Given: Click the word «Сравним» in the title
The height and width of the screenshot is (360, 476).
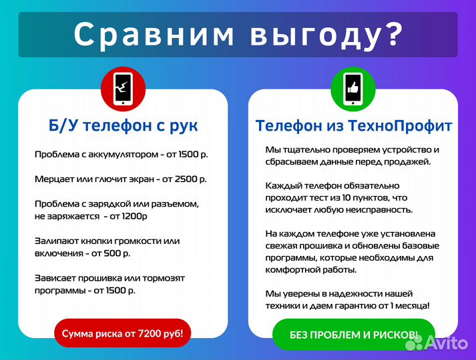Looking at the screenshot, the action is coord(154,34).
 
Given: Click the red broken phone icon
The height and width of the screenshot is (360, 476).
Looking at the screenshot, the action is coord(124,89).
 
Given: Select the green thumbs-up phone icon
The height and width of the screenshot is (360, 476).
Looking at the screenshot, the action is coord(353,89).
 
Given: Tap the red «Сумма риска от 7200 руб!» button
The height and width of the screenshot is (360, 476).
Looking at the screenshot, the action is coord(123,333).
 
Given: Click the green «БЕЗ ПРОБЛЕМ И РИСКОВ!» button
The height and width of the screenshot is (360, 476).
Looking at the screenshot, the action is coord(354,335).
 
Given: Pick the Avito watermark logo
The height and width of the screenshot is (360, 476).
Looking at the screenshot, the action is coord(437,343).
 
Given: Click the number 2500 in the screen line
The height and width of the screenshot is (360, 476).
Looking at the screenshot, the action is coord(186,179).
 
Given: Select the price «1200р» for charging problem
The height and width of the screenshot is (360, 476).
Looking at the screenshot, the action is coord(134,217).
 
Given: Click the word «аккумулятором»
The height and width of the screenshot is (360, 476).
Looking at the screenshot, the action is coord(124,155).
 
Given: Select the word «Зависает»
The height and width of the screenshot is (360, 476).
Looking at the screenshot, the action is coord(55,278).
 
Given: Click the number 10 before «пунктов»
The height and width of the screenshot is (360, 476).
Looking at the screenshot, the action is coord(346,198).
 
